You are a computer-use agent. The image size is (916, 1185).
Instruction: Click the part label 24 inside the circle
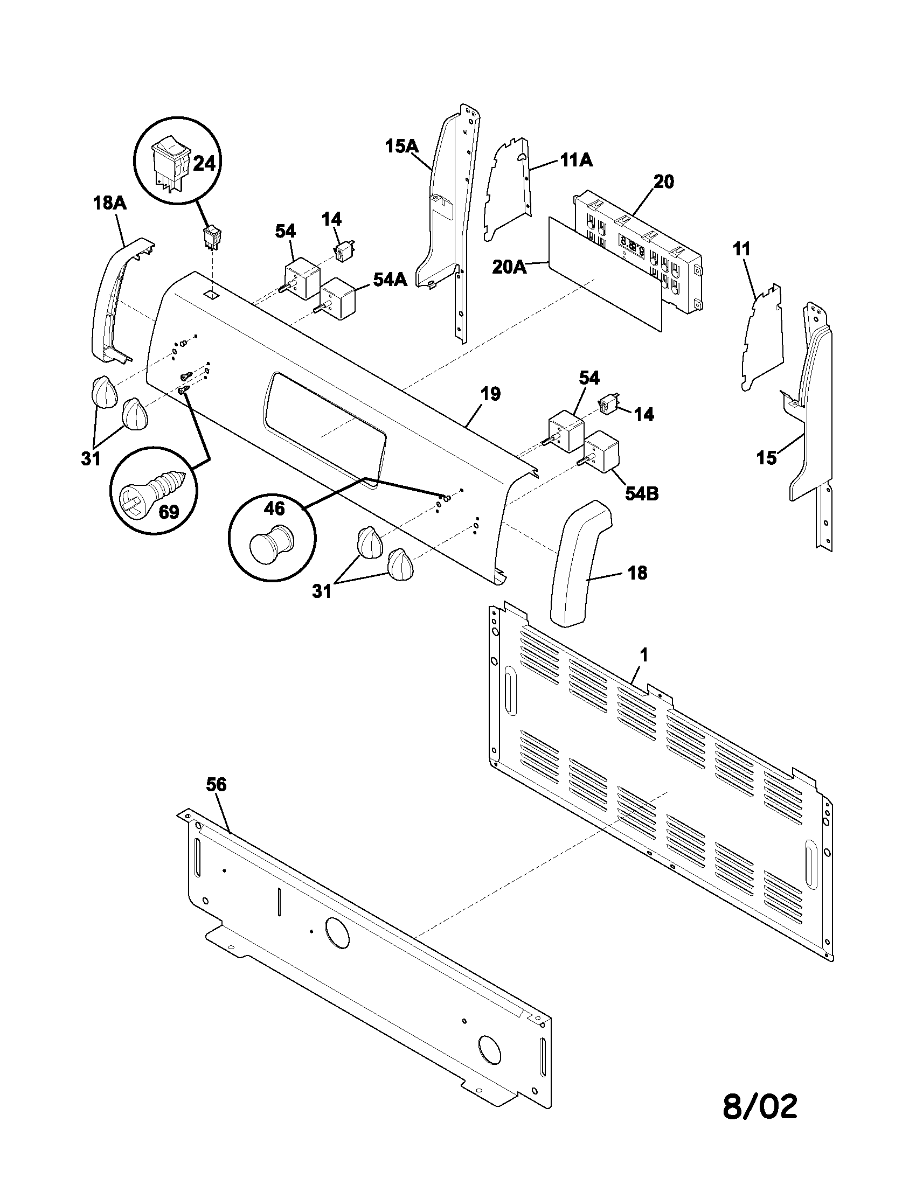[205, 163]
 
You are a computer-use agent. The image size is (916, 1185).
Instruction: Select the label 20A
[510, 267]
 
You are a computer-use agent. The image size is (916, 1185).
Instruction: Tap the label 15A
[402, 147]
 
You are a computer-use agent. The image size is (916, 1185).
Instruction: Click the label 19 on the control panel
[490, 394]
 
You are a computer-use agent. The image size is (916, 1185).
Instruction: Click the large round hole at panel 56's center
[337, 933]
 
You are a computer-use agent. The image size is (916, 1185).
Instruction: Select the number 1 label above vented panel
[643, 656]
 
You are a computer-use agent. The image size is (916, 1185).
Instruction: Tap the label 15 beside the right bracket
[767, 458]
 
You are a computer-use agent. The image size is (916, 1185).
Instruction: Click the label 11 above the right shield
[741, 249]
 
